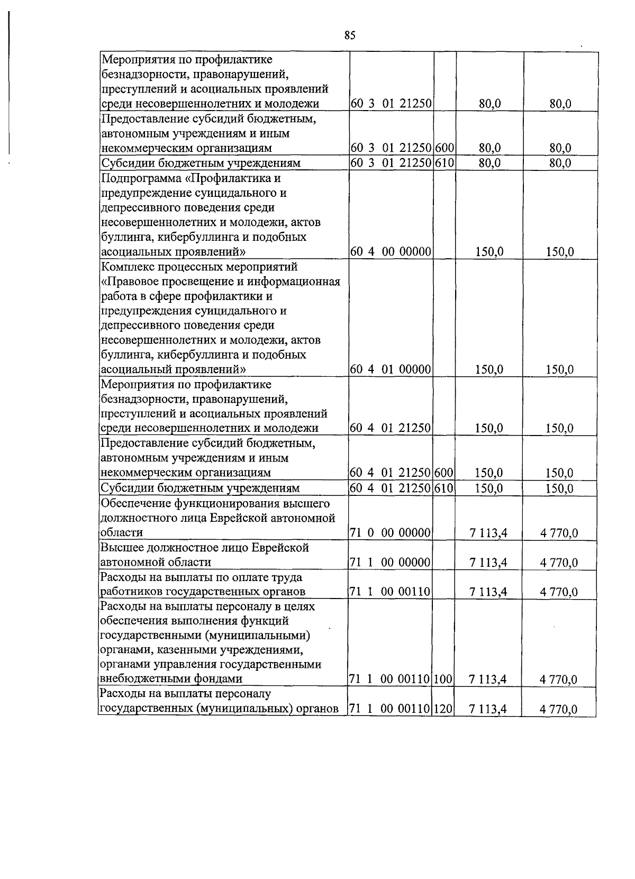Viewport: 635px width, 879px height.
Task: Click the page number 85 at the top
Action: pyautogui.click(x=350, y=35)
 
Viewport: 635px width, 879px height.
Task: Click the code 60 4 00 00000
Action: pyautogui.click(x=391, y=252)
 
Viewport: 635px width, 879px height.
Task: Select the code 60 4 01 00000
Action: pyautogui.click(x=391, y=369)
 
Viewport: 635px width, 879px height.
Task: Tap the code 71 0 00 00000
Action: pyautogui.click(x=391, y=533)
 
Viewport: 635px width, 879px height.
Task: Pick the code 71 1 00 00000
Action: pyautogui.click(x=391, y=563)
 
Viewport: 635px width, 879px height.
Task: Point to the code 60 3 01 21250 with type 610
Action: pyautogui.click(x=391, y=163)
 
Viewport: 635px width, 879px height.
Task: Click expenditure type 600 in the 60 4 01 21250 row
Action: pyautogui.click(x=444, y=473)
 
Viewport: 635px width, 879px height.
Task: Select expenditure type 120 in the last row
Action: pyautogui.click(x=444, y=709)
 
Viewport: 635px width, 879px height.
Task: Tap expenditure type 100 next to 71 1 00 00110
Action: pyautogui.click(x=444, y=679)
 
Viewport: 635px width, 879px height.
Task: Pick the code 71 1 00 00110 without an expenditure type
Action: pyautogui.click(x=391, y=592)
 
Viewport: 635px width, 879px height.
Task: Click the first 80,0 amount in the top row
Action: pyautogui.click(x=489, y=105)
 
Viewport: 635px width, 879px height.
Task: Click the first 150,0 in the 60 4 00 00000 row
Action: pyautogui.click(x=489, y=252)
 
